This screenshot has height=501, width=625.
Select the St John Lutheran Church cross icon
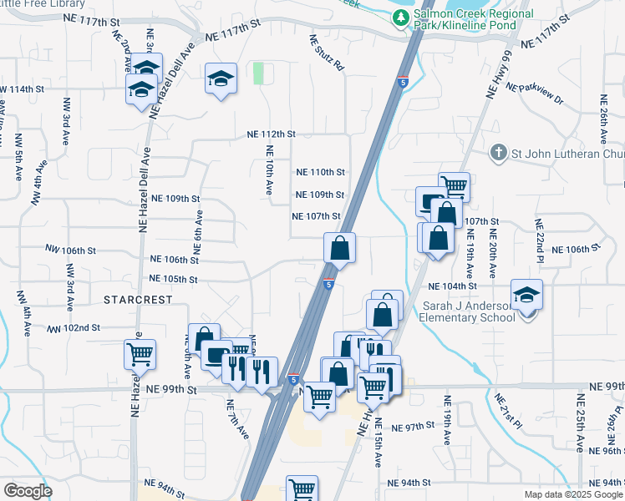coord(498,153)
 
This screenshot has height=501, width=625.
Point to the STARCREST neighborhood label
coord(138,299)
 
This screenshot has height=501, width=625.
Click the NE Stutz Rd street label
coord(327,52)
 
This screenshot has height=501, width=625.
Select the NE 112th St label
coord(272,134)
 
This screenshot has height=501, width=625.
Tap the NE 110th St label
coord(321,172)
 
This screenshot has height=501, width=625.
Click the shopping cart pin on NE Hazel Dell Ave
coord(140,353)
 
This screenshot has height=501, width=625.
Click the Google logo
coord(28,491)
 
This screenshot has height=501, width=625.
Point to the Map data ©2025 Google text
coord(573,494)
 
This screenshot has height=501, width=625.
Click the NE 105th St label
coord(174,279)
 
